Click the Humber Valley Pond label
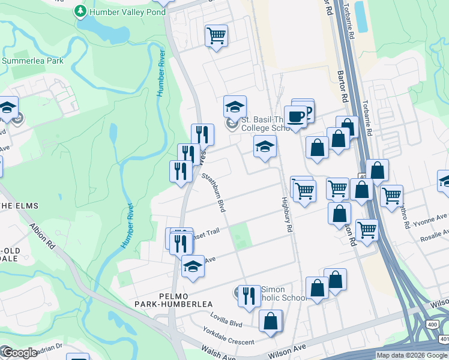coord(127,11)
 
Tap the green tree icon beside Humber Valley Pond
coord(80,11)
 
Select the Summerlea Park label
coord(33,61)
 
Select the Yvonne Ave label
coord(433,217)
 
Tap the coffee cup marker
coord(295,115)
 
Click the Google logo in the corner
coord(19,353)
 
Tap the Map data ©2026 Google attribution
coord(412,355)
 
